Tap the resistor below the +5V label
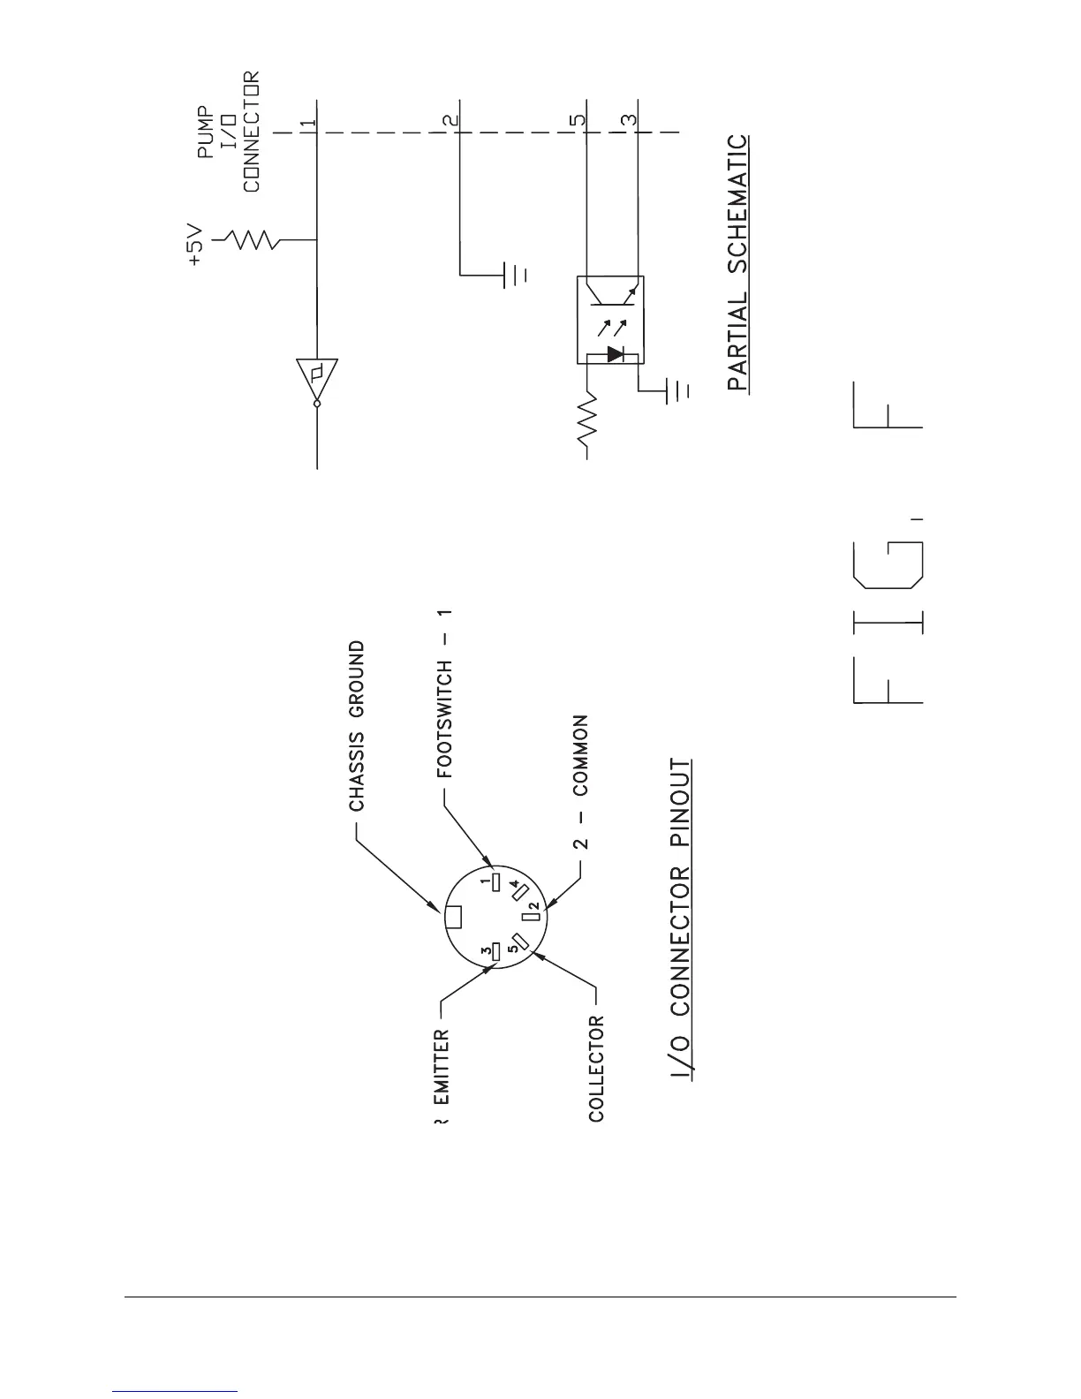(x=250, y=239)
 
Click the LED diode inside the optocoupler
(x=615, y=355)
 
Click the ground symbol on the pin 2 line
(x=514, y=275)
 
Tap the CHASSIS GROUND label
(x=356, y=726)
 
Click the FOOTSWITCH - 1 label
(x=445, y=692)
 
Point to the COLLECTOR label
(x=597, y=1069)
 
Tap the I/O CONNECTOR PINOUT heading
(x=681, y=918)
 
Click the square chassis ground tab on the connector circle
(x=453, y=918)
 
